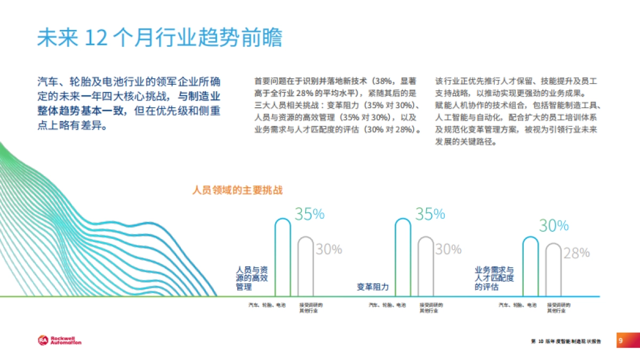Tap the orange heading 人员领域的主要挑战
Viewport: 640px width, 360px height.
[237, 190]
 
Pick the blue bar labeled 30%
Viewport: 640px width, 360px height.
[531, 266]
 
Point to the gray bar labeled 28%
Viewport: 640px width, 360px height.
[554, 269]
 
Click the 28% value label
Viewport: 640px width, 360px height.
[577, 253]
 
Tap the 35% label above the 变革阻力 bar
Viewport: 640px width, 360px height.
[430, 214]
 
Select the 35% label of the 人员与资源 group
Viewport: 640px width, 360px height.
[309, 214]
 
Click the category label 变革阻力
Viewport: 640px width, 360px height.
[372, 287]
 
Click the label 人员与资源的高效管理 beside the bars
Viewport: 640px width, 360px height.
[252, 278]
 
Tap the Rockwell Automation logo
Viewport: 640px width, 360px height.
[59, 340]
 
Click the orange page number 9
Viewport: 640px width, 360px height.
[620, 340]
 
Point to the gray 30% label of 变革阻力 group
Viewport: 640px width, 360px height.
[448, 249]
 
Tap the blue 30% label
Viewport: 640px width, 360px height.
[554, 226]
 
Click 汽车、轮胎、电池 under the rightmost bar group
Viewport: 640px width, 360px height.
[517, 305]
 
